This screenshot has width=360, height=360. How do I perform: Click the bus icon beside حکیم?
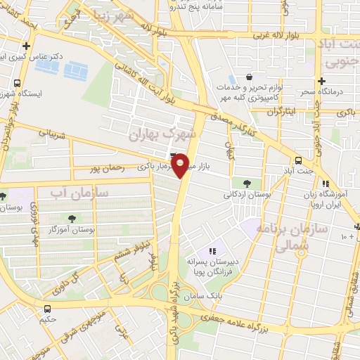coord(48,308)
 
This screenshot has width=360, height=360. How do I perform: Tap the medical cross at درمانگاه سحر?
coord(322,82)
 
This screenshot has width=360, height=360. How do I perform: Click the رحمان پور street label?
coord(107,169)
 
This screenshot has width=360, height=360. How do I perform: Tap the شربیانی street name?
coord(52,131)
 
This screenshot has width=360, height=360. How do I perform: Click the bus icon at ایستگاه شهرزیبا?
coord(15,84)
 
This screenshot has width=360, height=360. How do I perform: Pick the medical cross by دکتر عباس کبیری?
coord(26,46)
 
